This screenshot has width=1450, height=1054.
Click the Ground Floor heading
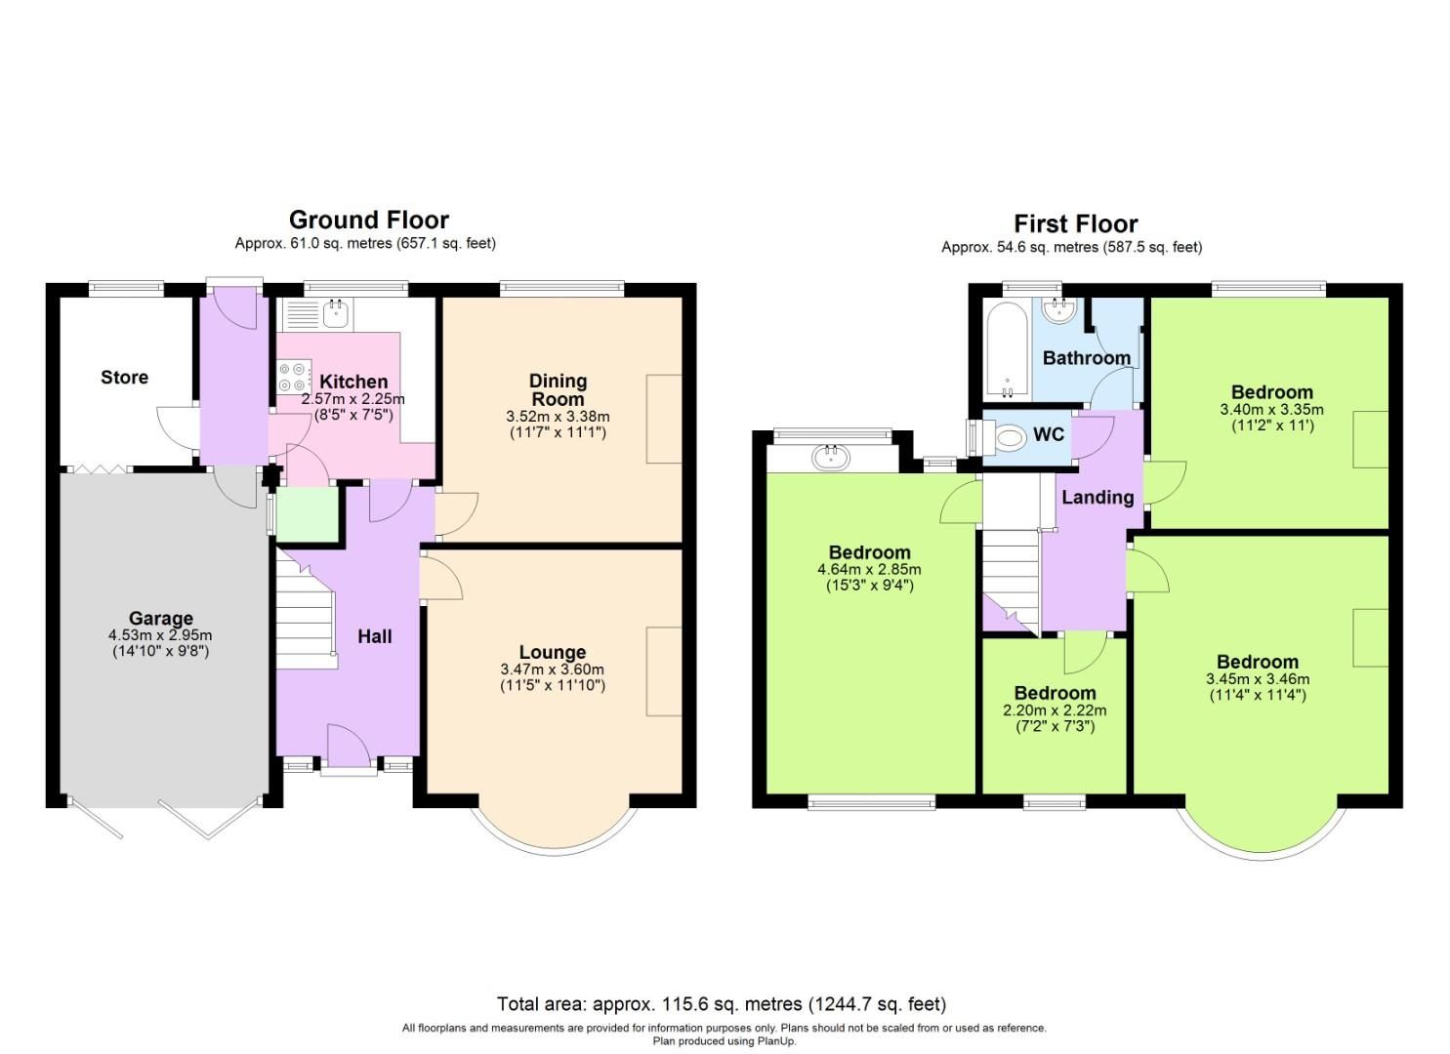[x=368, y=220]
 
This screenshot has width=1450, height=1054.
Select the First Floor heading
[x=1075, y=223]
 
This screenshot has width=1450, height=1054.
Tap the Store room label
[x=124, y=378]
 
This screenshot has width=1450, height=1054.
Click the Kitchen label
[x=353, y=382]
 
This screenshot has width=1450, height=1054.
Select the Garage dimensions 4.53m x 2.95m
[x=160, y=635]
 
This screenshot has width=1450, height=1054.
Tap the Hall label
[x=374, y=636]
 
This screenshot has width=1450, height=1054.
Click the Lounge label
[x=552, y=652]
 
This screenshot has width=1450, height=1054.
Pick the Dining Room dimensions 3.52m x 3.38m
[x=558, y=416]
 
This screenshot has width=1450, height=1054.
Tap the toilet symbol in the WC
[x=1007, y=437]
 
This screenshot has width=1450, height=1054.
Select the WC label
[x=1049, y=434]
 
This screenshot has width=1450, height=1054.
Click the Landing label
[x=1098, y=497]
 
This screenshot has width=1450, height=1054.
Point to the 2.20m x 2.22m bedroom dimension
[x=1055, y=710]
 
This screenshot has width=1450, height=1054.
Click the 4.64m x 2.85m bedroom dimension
[x=869, y=570]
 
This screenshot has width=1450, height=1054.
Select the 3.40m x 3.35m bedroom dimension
[x=1271, y=410]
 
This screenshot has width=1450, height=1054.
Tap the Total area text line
[x=721, y=1003]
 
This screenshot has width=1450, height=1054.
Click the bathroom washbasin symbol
[x=1058, y=310]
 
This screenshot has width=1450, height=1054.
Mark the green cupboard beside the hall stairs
[x=307, y=514]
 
